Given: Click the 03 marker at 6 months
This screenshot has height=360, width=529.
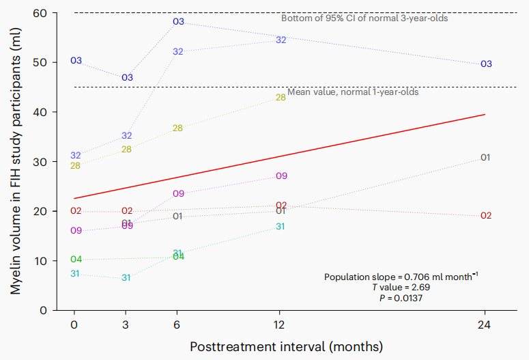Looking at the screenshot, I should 178,22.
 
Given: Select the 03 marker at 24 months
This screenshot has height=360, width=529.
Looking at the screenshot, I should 486,64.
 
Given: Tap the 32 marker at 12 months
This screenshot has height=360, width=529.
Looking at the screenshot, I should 281,40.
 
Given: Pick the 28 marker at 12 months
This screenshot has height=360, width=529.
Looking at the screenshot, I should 281,98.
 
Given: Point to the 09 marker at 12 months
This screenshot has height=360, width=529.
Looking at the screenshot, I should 281,176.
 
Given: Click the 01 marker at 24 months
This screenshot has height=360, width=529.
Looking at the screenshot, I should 486,158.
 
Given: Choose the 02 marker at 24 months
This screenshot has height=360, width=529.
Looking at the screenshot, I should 486,216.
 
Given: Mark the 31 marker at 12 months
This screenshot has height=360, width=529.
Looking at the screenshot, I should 281,226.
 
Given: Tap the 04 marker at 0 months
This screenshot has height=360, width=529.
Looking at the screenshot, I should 76,260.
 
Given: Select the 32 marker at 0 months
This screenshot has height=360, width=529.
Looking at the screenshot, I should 76,156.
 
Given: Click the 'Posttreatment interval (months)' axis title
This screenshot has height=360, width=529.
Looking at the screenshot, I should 286,346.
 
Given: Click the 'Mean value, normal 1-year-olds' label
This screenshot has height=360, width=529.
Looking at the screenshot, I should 353,92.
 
